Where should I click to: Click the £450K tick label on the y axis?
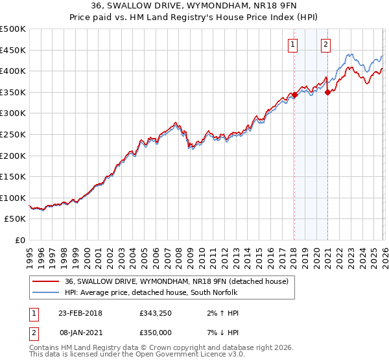pos(13,50)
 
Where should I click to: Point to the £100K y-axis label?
pos(13,198)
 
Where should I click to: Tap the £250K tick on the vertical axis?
pos(13,134)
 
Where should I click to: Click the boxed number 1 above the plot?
pos(293,45)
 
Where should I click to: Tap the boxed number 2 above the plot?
pos(325,45)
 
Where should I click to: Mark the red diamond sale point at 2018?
pos(294,95)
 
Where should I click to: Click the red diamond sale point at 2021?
pos(327,92)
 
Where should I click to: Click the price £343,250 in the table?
pos(154,313)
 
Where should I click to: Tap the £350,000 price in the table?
pos(154,333)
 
